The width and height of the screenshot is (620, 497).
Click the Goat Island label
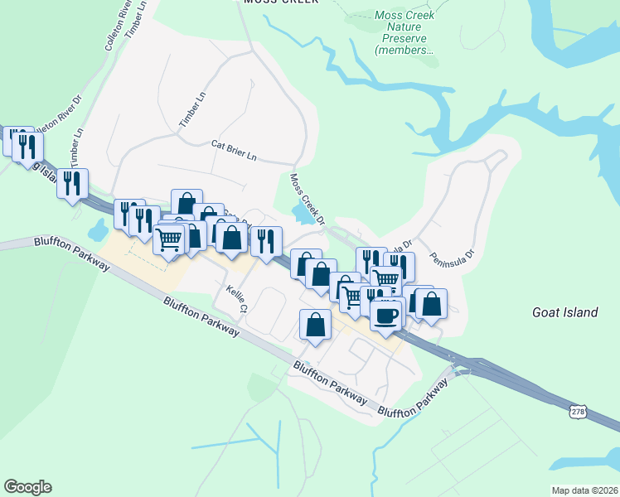point(564,312)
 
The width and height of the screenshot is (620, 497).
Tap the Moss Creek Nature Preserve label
point(404,33)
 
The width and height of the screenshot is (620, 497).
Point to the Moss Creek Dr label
point(305,199)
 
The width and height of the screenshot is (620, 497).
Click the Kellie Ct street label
point(236,298)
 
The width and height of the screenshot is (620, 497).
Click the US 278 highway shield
point(579,410)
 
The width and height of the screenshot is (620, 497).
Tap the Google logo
point(27,487)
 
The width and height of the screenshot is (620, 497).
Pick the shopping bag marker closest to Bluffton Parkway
point(315,325)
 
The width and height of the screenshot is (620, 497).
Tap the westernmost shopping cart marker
point(169,239)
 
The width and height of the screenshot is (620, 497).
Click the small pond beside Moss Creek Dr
point(302,213)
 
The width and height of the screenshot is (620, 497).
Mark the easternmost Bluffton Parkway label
point(417,401)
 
